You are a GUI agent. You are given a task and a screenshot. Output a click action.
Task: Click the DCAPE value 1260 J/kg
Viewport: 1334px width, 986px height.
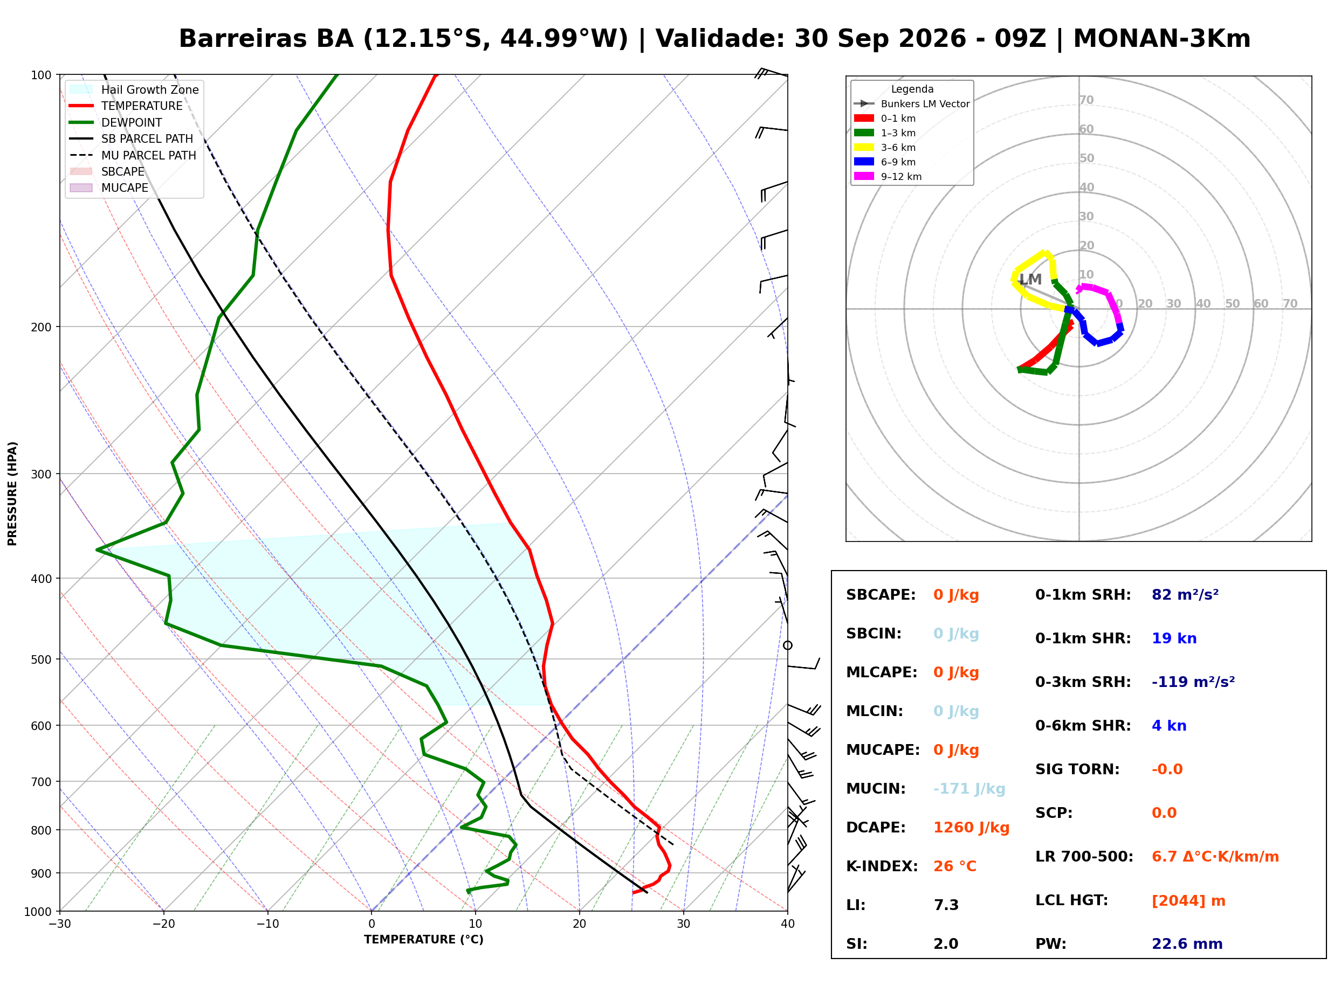coord(971,828)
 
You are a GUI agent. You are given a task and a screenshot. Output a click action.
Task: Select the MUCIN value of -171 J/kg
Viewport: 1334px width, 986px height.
coord(969,789)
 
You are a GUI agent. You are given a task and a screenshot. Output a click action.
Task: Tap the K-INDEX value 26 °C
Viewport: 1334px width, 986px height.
coord(955,866)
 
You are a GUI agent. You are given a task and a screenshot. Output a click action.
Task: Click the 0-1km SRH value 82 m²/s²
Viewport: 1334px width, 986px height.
coord(1185,595)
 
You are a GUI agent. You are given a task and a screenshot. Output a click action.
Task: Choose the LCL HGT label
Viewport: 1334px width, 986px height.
coord(1071,901)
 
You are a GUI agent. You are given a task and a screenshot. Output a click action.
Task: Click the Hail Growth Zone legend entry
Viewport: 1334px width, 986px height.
coord(134,89)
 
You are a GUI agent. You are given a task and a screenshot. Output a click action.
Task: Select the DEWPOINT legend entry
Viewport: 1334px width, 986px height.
coord(116,122)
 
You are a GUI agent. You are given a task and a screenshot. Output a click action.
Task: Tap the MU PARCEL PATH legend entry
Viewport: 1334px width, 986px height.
coord(133,155)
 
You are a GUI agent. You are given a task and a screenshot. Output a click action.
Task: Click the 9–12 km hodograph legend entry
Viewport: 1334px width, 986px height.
coord(888,177)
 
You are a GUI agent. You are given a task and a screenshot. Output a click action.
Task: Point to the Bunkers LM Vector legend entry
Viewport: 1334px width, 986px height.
coord(912,104)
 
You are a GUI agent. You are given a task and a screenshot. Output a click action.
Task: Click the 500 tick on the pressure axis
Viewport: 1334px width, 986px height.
coord(41,659)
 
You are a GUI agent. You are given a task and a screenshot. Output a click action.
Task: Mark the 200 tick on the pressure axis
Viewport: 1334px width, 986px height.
coord(41,327)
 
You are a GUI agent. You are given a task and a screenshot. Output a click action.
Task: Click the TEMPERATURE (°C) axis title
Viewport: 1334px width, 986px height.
coord(423,940)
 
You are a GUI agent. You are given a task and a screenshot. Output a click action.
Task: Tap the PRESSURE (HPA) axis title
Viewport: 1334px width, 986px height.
coord(12,494)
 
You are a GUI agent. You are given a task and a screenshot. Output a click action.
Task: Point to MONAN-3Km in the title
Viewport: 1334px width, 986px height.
coord(1161,39)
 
